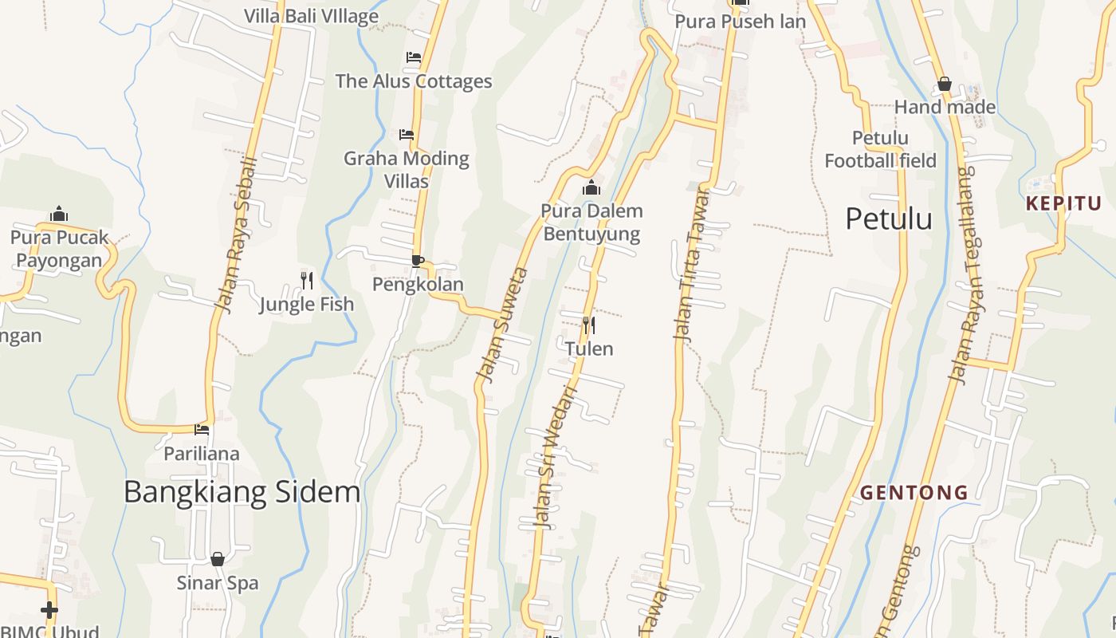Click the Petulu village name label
pos(888,219)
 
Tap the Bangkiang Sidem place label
pos(242,492)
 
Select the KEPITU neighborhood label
pos(1063,203)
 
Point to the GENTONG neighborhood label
pos(914,493)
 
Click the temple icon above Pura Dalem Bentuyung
pos(591,188)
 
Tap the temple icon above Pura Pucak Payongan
pos(59,214)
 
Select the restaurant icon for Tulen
pos(588,325)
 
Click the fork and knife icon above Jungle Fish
pos(306,280)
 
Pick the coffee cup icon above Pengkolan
pos(417,261)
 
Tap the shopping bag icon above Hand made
pos(945,84)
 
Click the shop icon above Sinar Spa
pos(217,559)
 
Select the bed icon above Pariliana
pos(202,430)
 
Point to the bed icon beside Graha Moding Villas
pos(407,135)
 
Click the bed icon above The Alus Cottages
pos(413,57)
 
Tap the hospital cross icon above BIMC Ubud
pos(49,610)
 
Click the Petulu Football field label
pos(880,149)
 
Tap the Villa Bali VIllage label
pos(311,16)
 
